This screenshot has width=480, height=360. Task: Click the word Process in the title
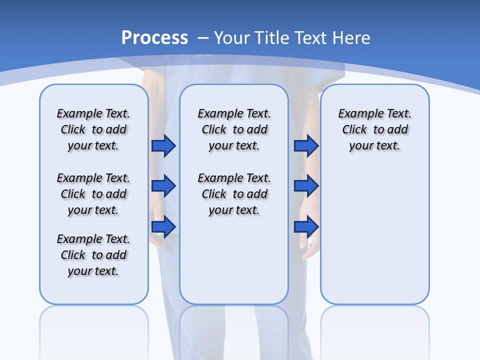tap(154, 38)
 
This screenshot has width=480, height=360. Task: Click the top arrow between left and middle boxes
tap(163, 145)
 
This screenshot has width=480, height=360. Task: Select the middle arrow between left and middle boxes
tap(163, 186)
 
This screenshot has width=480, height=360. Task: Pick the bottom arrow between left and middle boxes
tap(163, 226)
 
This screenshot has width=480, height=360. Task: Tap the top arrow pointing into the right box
tap(306, 145)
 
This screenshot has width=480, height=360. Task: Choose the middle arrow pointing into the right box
tap(306, 186)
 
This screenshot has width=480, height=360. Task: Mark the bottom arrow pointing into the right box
tap(306, 226)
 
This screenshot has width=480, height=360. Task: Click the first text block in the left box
tap(93, 129)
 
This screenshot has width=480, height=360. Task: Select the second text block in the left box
tap(93, 194)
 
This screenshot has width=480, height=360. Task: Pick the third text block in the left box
tap(93, 255)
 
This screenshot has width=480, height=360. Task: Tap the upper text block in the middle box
tap(234, 129)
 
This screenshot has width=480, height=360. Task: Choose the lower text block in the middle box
tap(234, 194)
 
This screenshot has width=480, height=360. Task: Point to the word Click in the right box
tap(354, 130)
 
